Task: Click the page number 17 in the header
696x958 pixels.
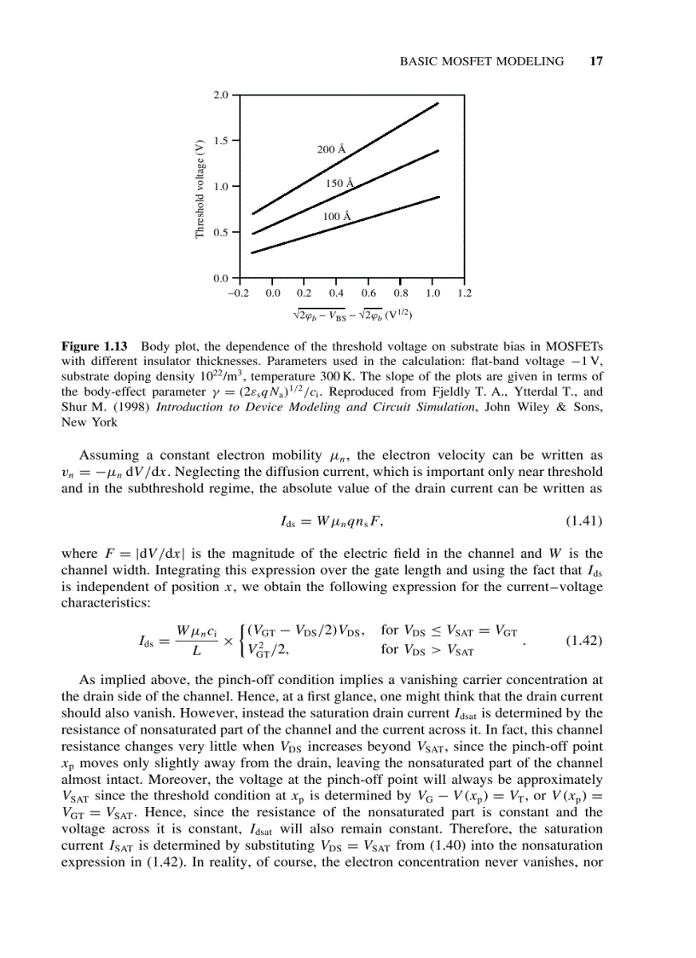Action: [x=596, y=61]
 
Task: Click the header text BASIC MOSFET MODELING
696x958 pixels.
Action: [x=482, y=61]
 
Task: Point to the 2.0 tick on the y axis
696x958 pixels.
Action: [x=222, y=95]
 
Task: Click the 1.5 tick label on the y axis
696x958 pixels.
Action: [x=222, y=140]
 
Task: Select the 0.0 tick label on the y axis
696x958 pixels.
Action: [x=222, y=278]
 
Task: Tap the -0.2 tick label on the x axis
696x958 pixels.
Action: [x=238, y=293]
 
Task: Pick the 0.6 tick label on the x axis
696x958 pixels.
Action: [x=368, y=293]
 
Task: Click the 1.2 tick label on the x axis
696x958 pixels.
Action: [x=464, y=293]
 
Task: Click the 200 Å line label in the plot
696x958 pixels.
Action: [x=331, y=149]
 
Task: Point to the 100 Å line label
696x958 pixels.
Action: [x=336, y=217]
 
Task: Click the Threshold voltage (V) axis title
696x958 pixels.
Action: [x=200, y=188]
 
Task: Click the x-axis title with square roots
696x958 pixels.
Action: [x=351, y=315]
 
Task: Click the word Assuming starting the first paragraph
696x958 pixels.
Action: [x=106, y=455]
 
